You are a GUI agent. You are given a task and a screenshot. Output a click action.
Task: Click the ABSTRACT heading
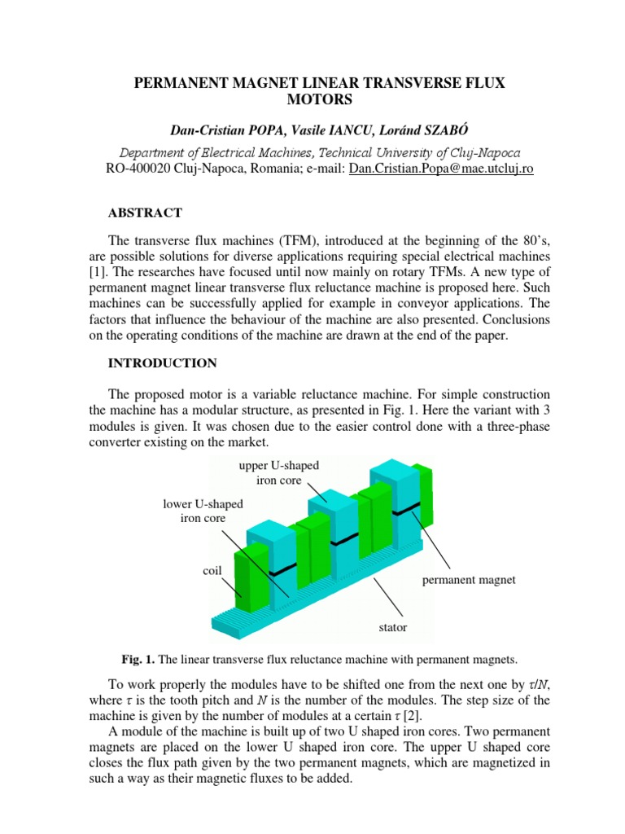click(146, 213)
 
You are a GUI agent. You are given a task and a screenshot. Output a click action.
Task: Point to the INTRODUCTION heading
click(162, 362)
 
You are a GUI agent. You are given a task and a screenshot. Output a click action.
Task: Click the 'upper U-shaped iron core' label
click(278, 472)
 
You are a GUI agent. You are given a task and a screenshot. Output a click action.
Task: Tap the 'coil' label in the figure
click(212, 571)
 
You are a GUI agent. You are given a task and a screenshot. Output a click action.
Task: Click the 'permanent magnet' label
click(470, 580)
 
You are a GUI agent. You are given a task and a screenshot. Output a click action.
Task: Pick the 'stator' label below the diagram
click(393, 628)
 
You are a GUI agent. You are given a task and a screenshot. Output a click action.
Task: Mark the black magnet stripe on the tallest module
click(406, 509)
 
